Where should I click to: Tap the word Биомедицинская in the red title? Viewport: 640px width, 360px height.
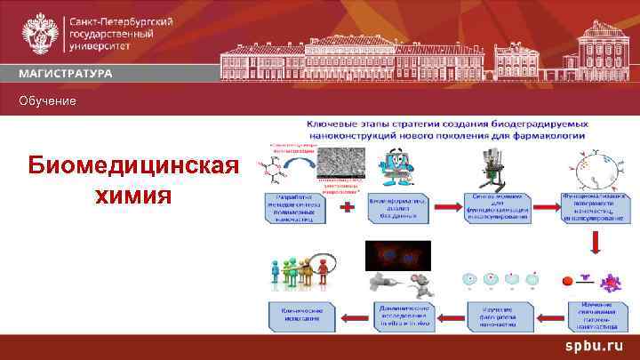point(133,166)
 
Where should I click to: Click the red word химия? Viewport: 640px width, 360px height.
point(133,194)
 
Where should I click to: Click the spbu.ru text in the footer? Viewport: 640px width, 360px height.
point(588,346)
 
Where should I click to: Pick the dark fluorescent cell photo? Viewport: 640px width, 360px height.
point(398,255)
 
